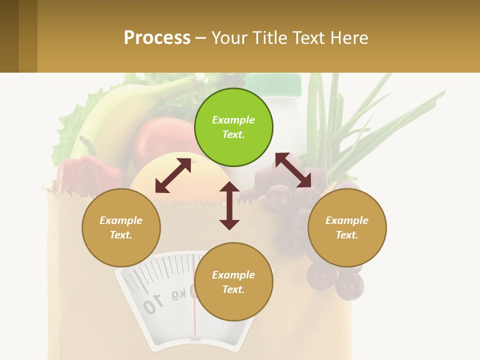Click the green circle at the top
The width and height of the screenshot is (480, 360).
pyautogui.click(x=233, y=127)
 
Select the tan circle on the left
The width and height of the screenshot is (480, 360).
pyautogui.click(x=121, y=227)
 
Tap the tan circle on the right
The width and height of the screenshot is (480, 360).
pyautogui.click(x=347, y=227)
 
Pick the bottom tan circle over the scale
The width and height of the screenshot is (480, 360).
pyautogui.click(x=233, y=282)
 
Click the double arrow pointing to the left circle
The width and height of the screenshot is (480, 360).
pyautogui.click(x=173, y=175)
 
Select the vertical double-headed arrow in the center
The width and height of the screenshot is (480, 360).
pyautogui.click(x=229, y=205)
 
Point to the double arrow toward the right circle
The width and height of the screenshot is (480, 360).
pyautogui.click(x=293, y=170)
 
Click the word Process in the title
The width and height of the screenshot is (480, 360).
pyautogui.click(x=157, y=37)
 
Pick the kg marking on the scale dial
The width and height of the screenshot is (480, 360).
pyautogui.click(x=178, y=294)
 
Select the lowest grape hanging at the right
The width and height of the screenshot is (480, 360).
pyautogui.click(x=349, y=286)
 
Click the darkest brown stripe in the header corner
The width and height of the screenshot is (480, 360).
pyautogui.click(x=9, y=36)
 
